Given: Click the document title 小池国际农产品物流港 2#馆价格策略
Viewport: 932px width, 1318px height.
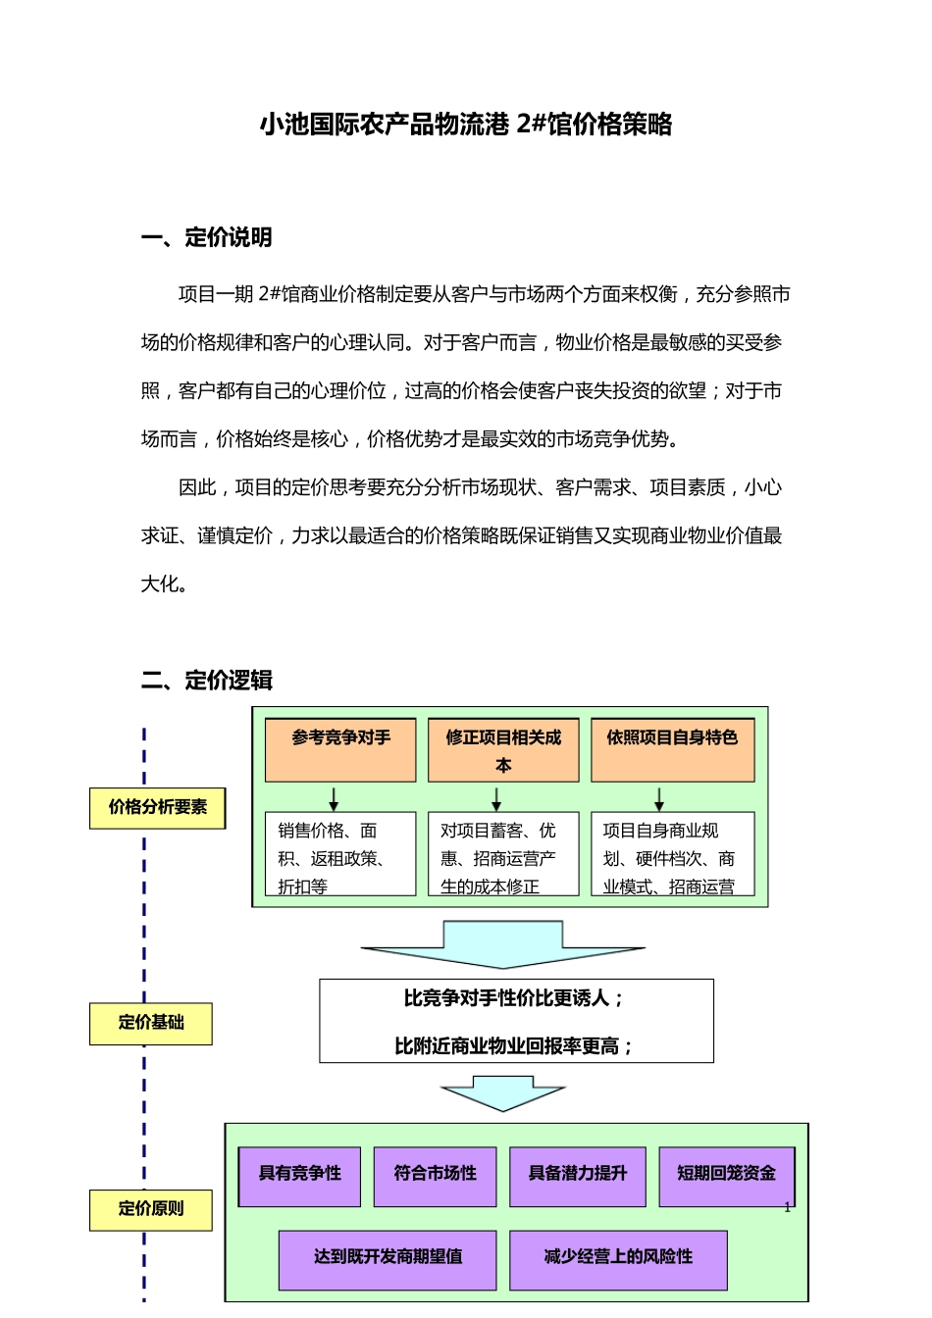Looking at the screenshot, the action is [466, 125].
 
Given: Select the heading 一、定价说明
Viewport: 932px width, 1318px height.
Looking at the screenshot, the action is [206, 237].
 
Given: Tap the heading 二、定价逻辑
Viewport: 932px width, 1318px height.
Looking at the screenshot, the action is [206, 681].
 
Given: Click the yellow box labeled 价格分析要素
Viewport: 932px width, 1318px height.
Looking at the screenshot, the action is [157, 808].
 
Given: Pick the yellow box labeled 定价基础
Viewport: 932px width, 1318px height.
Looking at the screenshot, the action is [151, 1023].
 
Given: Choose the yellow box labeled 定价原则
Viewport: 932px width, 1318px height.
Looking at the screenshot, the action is [151, 1209].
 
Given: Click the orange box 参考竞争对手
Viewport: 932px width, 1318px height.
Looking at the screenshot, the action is [340, 750].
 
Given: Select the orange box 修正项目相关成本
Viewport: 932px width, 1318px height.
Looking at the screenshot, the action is [503, 750].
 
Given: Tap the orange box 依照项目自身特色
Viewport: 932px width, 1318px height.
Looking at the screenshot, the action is [672, 750].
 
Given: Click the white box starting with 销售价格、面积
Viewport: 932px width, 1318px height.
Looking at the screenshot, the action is [340, 854].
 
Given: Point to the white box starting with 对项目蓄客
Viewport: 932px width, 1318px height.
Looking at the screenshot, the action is [503, 854].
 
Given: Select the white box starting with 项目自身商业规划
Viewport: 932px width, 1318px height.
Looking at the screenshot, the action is [672, 854].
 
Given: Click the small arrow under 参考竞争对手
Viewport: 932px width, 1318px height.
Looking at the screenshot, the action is [334, 797].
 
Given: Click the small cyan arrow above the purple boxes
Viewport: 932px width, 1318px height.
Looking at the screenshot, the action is [503, 1092].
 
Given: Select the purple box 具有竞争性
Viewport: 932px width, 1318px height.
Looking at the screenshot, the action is [299, 1176].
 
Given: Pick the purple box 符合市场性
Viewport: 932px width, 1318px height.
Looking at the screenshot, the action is [435, 1176].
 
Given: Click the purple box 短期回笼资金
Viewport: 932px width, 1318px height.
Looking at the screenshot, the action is [726, 1176].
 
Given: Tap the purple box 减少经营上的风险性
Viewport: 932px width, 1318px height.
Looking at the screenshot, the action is [618, 1259].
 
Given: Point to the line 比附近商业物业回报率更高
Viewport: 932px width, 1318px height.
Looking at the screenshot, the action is [515, 1046].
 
